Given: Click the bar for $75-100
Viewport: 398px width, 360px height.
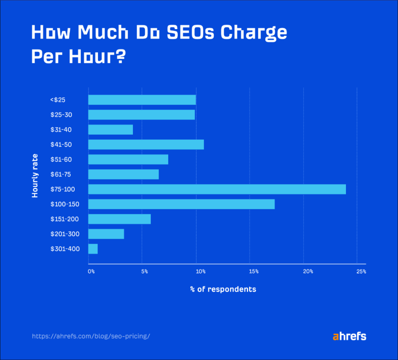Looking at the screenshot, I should click(217, 189).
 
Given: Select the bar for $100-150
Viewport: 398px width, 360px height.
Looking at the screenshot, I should click(182, 204).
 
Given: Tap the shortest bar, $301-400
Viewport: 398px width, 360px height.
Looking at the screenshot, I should click(93, 249).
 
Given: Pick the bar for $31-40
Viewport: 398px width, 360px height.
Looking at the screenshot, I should click(111, 129).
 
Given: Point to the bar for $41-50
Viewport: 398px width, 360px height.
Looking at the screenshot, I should click(146, 144).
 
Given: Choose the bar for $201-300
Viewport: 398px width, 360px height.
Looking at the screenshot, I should click(106, 234).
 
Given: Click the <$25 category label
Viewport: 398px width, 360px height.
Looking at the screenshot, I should click(58, 100).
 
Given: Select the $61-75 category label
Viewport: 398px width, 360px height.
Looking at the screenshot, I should click(61, 174).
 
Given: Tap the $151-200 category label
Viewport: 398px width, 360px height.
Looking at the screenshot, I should click(65, 219).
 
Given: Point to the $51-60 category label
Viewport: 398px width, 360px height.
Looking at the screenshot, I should click(61, 160).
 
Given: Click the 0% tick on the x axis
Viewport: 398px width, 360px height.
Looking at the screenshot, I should click(91, 271).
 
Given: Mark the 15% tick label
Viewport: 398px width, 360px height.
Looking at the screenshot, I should click(253, 271).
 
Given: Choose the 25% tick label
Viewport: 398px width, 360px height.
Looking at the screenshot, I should click(361, 271).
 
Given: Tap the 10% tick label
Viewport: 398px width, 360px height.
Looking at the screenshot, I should click(200, 271).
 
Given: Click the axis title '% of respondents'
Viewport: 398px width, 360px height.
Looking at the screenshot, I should click(223, 289).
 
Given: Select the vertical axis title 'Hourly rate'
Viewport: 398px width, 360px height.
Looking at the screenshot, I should click(35, 176).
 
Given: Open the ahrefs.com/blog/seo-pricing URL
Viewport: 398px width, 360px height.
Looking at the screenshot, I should click(91, 336).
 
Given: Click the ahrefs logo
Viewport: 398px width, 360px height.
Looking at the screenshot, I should click(349, 336).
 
